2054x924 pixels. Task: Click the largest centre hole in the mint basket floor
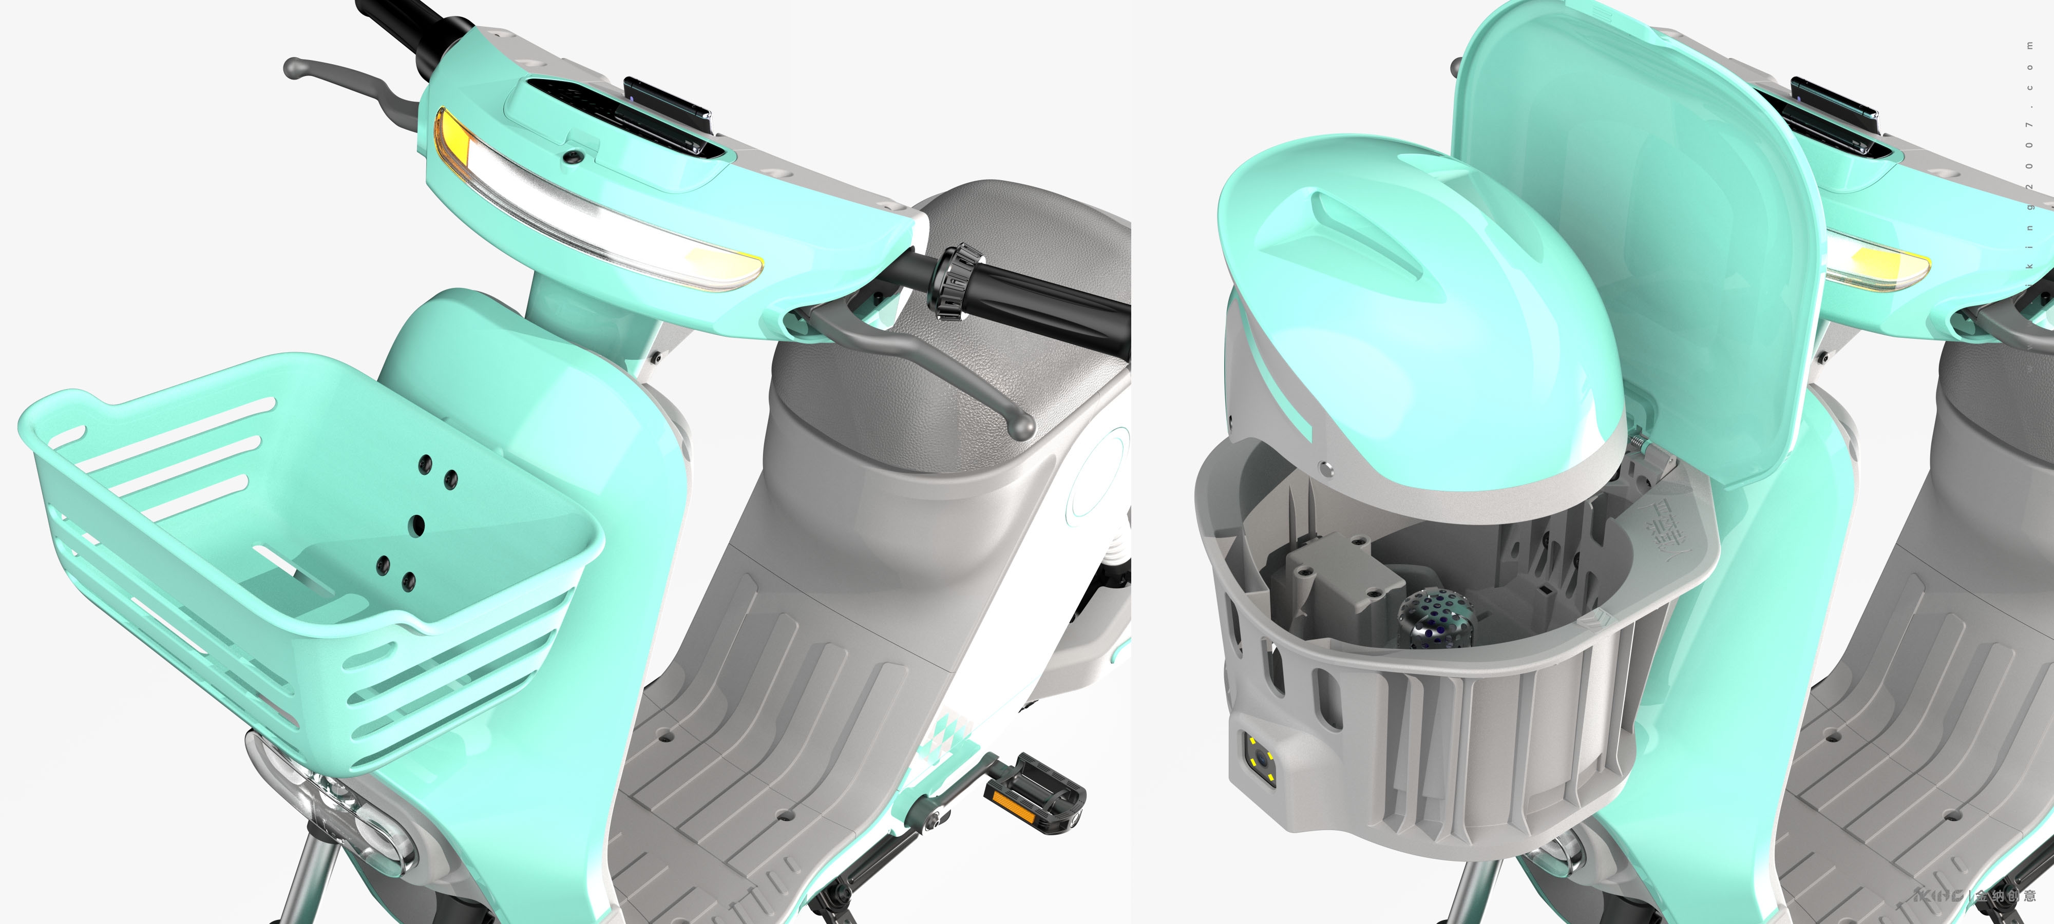click(x=416, y=525)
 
